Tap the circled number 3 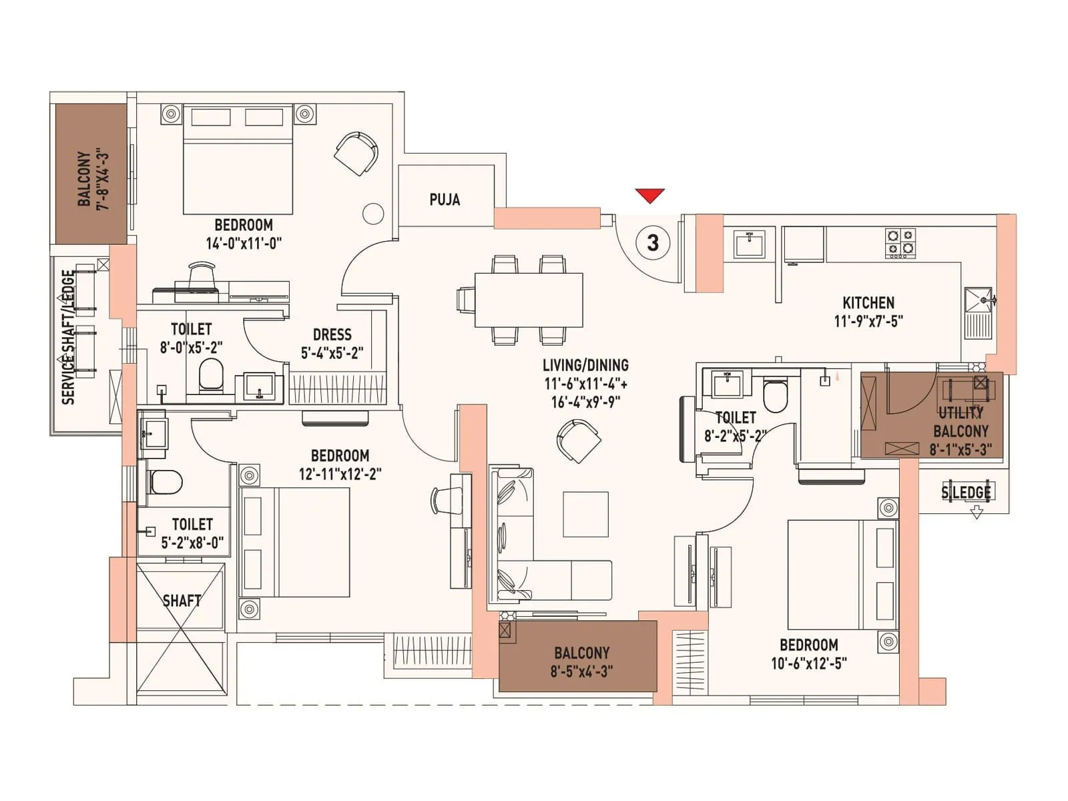click(x=653, y=242)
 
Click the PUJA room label click(x=445, y=200)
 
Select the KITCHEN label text click(x=868, y=302)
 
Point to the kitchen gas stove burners click(x=900, y=243)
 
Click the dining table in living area click(x=529, y=300)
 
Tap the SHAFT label click(x=182, y=601)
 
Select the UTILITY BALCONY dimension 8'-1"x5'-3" click(x=961, y=449)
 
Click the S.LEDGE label click(x=966, y=493)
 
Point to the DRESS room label click(x=332, y=335)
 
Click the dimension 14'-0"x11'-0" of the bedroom click(x=244, y=244)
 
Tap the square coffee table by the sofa click(x=585, y=514)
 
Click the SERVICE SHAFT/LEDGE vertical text click(x=68, y=337)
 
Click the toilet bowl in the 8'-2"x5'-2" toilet click(x=776, y=396)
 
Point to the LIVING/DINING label click(x=585, y=365)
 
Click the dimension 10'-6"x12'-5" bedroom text click(x=809, y=663)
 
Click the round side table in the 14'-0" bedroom click(x=373, y=214)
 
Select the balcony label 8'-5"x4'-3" click(x=581, y=671)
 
